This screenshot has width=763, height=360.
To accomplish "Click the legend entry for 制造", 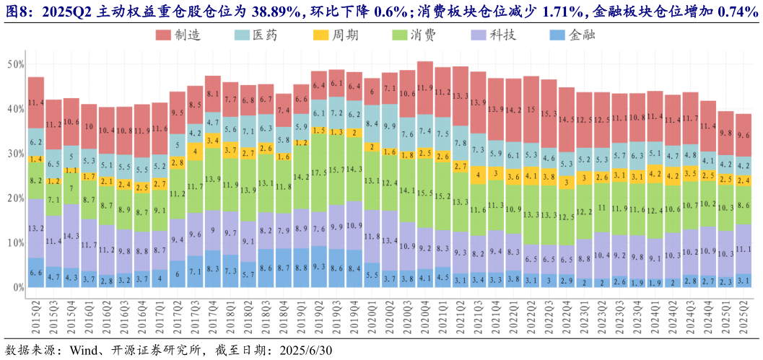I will coord(180,35).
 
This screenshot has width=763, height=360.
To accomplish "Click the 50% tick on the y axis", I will coord(14,64).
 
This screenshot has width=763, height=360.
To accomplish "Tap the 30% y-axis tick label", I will coord(14,154).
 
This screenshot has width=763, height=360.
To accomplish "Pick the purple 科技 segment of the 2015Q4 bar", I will coord(71,236).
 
